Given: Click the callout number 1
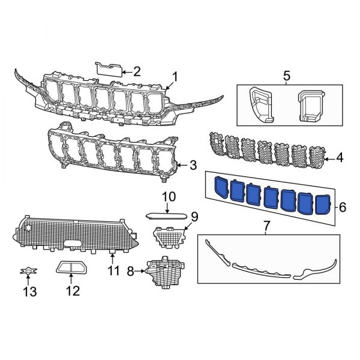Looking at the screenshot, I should [x=175, y=76].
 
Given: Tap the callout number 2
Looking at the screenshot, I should [x=136, y=72].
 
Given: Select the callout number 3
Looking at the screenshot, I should [x=193, y=164].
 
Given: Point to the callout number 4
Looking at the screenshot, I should [x=340, y=158].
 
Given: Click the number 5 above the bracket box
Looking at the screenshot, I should [x=286, y=76].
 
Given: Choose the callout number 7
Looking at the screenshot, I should [x=268, y=227].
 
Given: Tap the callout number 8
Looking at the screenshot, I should [x=130, y=272].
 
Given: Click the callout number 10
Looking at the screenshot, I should [x=168, y=197].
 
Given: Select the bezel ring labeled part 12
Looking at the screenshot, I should [x=71, y=268].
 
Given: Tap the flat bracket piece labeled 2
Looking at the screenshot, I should [x=108, y=67].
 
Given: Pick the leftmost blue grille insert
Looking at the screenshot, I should [x=223, y=188].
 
